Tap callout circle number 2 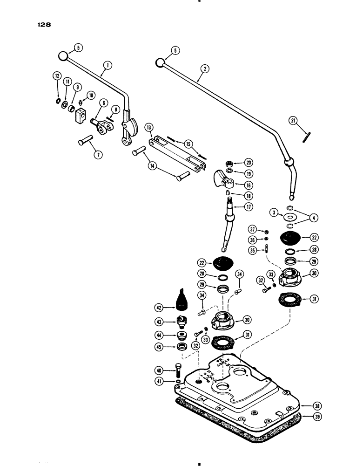tap(203, 68)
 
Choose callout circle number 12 tap(57, 75)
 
